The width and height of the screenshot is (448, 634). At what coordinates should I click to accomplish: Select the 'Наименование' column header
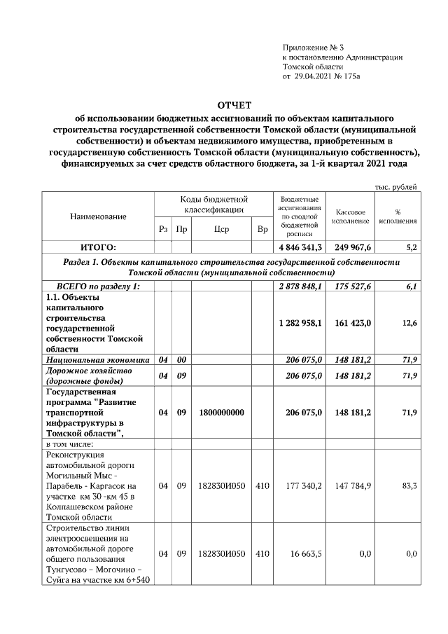(x=98, y=217)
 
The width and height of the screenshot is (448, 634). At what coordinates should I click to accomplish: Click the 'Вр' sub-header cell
(x=262, y=229)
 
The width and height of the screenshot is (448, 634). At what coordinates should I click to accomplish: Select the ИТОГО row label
(x=98, y=247)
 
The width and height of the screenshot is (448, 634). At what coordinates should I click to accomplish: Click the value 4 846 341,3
(x=300, y=247)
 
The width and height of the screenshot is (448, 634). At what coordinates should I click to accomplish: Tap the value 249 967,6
(x=353, y=247)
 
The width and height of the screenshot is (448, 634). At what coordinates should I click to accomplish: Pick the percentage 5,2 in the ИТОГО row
(x=411, y=247)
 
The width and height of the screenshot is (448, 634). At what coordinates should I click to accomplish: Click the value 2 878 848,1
(x=300, y=287)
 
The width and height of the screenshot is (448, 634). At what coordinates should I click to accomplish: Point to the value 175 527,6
(x=353, y=287)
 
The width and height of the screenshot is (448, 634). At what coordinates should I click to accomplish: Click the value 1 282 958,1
(x=300, y=323)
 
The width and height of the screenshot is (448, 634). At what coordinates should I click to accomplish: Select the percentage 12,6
(x=409, y=323)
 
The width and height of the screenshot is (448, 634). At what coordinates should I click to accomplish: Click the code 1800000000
(x=221, y=413)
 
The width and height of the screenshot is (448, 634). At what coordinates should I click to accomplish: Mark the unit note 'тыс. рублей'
(x=397, y=186)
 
